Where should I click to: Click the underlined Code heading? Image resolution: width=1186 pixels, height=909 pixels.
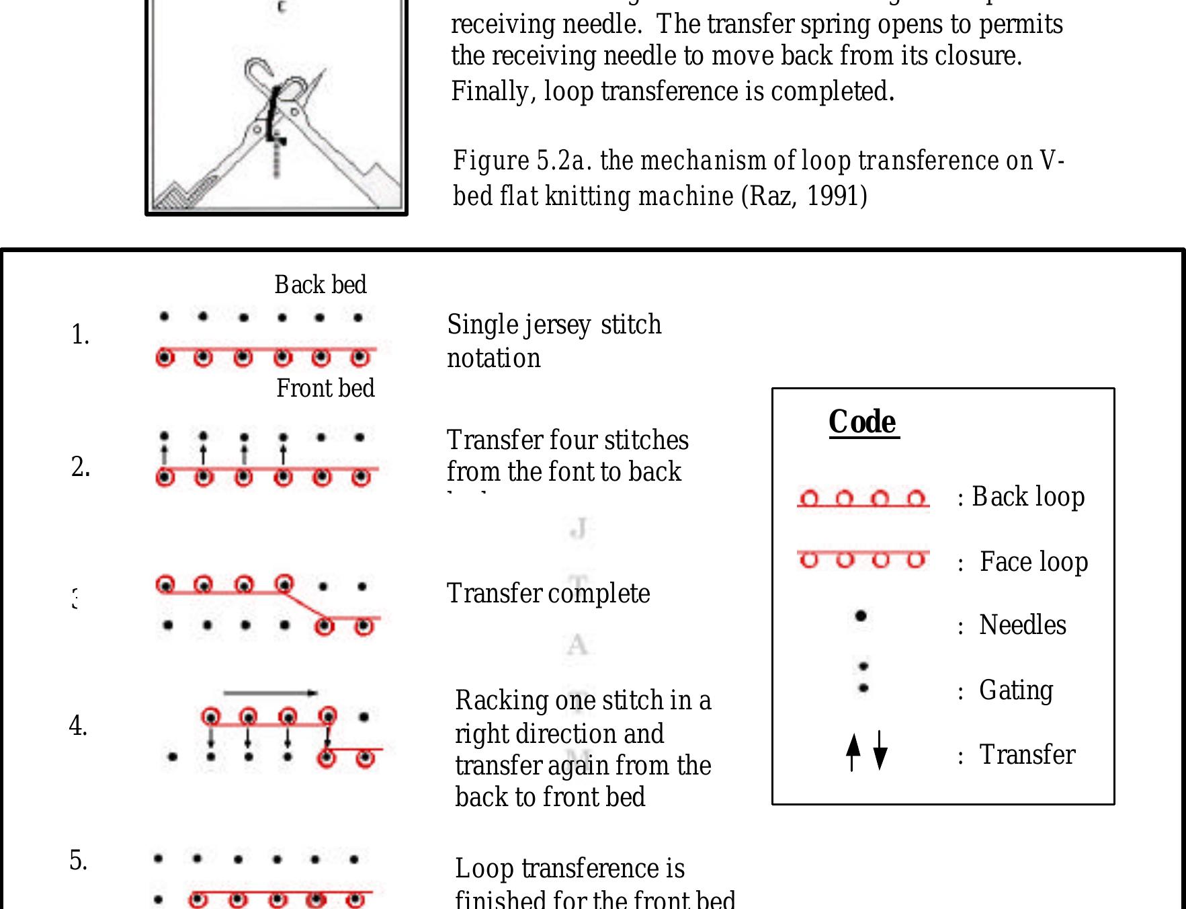(x=863, y=423)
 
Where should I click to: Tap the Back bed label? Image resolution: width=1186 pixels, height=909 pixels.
(x=321, y=285)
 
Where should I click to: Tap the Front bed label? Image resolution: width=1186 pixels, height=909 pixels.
(x=325, y=389)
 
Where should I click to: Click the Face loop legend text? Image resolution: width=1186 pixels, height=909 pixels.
(x=1033, y=561)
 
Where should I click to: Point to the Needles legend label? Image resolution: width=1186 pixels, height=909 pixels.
(x=1022, y=625)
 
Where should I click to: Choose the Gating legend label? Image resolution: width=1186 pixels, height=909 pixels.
(x=1016, y=690)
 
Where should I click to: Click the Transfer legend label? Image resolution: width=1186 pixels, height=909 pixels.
(x=1027, y=755)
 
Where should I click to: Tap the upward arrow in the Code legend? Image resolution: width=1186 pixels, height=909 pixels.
(x=853, y=752)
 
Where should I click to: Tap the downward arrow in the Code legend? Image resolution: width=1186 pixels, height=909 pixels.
(x=880, y=752)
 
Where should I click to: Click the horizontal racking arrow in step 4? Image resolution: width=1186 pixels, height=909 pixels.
(x=270, y=693)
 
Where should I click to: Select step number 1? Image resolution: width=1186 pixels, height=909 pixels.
(x=80, y=335)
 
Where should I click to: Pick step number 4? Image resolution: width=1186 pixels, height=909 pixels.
(x=78, y=726)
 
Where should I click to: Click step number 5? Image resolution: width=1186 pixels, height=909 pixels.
(x=78, y=861)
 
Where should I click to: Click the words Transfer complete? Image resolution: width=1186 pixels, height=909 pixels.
(x=548, y=594)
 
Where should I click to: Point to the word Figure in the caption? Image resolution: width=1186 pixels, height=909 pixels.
(x=491, y=161)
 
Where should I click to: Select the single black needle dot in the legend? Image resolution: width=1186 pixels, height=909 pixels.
(x=860, y=616)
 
